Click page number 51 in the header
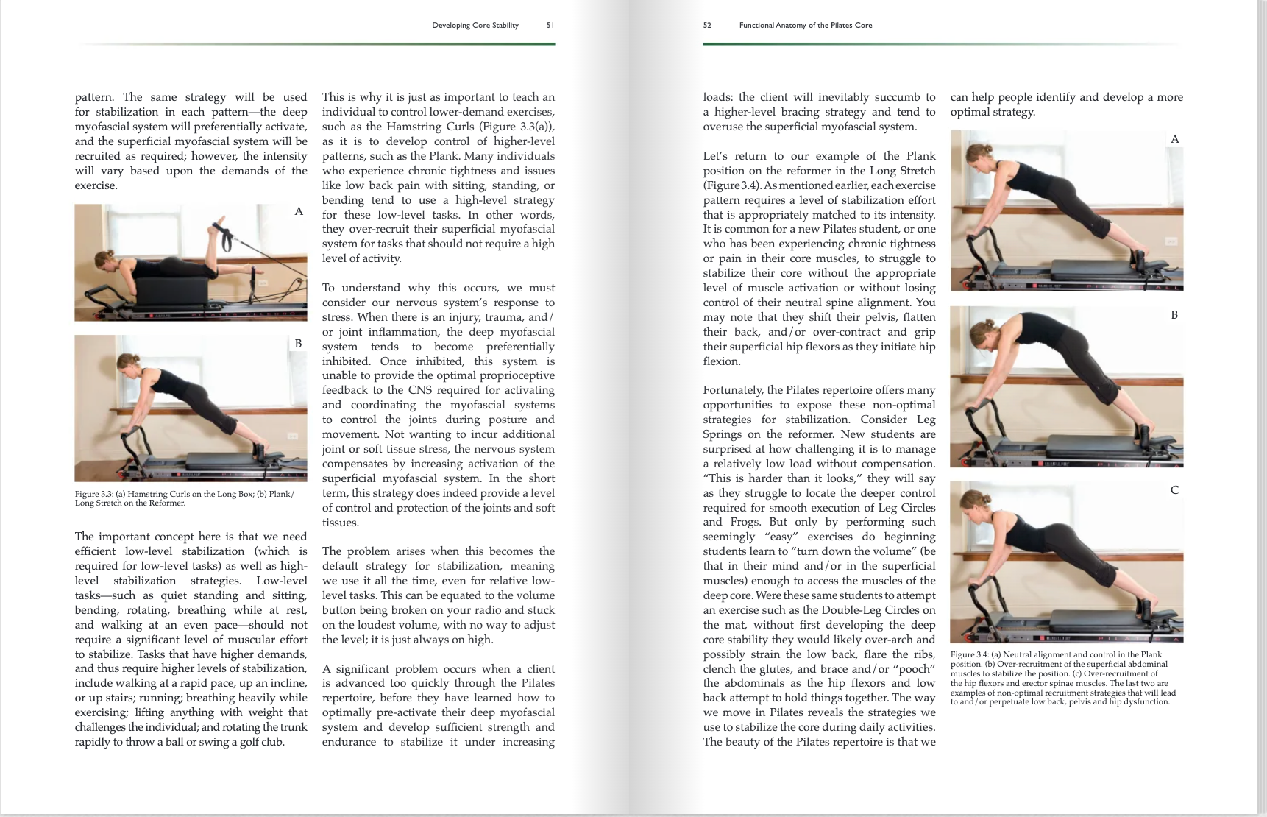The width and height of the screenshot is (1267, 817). point(550,25)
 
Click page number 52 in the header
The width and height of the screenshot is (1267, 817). point(707,25)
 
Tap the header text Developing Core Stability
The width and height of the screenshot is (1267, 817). point(475,25)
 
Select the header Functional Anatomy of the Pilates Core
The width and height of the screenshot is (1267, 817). point(805,25)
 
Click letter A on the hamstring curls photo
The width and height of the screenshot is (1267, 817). point(299,211)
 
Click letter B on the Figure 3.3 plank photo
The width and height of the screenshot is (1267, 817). point(298,343)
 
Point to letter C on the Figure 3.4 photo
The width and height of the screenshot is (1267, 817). point(1174,489)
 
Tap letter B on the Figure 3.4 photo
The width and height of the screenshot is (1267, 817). point(1174,314)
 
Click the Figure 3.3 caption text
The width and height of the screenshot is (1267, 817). point(184,498)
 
